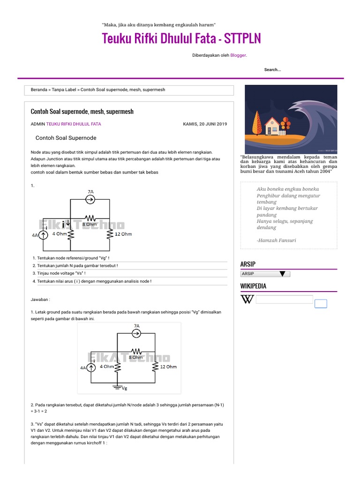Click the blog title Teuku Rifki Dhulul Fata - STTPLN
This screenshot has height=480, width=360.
tap(181, 38)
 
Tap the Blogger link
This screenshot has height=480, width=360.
tap(238, 55)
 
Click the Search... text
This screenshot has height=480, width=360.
tap(272, 70)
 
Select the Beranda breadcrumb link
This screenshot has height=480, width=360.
tap(39, 90)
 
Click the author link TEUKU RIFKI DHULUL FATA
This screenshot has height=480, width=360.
tap(74, 124)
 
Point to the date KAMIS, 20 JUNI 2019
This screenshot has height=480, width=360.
tap(204, 124)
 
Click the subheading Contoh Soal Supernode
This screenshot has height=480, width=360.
tap(66, 138)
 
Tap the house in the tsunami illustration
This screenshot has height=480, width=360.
tap(272, 126)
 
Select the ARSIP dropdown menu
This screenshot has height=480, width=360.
tap(265, 274)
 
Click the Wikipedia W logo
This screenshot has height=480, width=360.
tap(247, 300)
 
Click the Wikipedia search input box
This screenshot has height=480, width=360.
tap(285, 300)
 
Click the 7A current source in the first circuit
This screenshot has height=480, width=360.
tap(90, 199)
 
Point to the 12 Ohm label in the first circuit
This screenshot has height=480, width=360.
tap(123, 233)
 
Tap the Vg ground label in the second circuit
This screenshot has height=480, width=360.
tap(124, 388)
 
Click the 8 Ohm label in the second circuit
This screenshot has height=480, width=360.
tap(136, 358)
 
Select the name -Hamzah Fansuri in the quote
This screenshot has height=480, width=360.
tap(277, 240)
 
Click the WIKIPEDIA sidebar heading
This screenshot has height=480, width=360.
tap(254, 286)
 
